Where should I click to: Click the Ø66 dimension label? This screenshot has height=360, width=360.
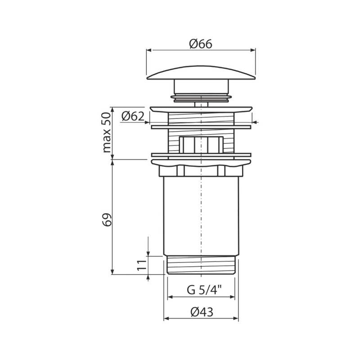(201, 44)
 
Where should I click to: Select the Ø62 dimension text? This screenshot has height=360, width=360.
(133, 116)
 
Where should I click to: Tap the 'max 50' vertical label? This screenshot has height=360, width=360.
(107, 133)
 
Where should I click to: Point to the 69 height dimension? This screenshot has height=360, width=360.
(107, 220)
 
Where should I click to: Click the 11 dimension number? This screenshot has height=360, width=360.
(141, 265)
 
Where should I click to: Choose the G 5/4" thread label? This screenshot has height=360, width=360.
(204, 290)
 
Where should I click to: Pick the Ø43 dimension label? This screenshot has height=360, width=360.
(202, 312)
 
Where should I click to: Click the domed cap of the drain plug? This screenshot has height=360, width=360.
(201, 73)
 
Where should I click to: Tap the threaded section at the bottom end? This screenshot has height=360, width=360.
(201, 265)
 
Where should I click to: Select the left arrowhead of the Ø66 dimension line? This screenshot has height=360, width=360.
(149, 50)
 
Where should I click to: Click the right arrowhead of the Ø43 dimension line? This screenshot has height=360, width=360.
(236, 319)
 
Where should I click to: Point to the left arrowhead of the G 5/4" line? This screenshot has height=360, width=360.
(170, 297)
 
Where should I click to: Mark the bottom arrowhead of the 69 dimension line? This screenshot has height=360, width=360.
(112, 272)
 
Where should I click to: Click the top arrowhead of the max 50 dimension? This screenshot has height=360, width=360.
(112, 110)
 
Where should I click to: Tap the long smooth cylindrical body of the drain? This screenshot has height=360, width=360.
(201, 216)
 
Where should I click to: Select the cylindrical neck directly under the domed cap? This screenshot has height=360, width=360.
(201, 86)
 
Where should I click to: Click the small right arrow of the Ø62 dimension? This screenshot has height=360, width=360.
(255, 122)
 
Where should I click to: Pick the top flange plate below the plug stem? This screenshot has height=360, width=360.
(201, 109)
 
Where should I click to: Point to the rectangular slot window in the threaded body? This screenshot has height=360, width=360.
(201, 144)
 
